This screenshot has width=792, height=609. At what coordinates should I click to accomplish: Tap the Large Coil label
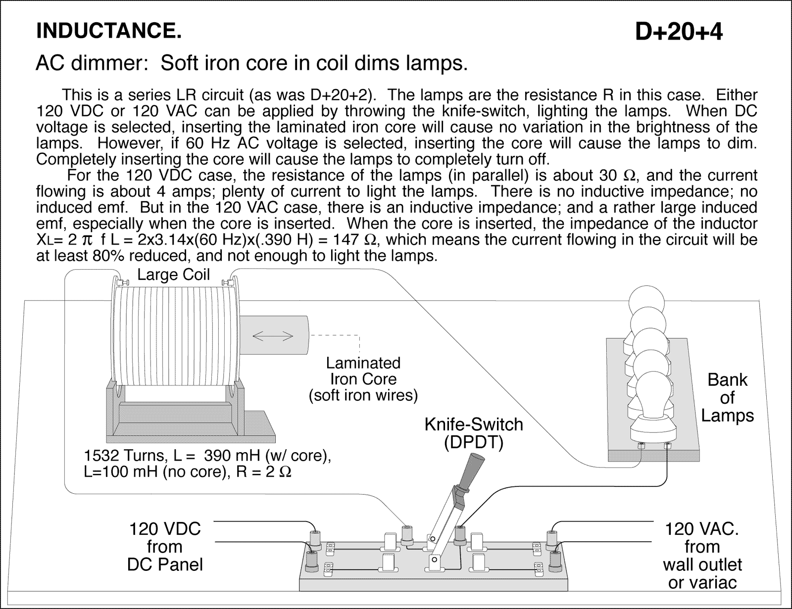coord(173,275)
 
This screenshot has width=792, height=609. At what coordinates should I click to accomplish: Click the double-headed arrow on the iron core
coord(273,336)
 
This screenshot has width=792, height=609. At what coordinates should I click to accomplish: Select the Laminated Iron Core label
coord(363,379)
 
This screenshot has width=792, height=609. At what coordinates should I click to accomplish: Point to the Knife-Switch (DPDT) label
coord(473,433)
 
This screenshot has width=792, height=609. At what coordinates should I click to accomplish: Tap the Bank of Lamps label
coord(727,397)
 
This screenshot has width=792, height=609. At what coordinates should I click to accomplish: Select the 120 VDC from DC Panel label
coord(165,546)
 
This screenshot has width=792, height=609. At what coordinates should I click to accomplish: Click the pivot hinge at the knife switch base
coord(435,561)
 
